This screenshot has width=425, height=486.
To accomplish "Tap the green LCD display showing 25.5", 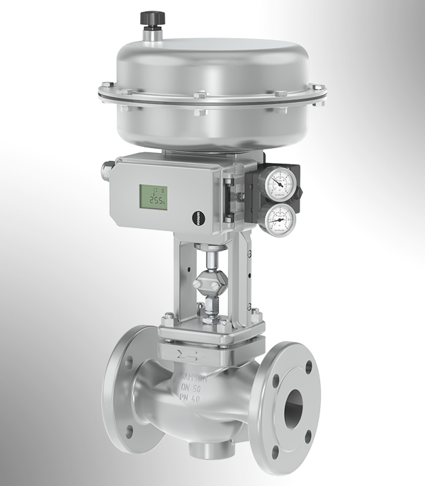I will (x=153, y=198).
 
